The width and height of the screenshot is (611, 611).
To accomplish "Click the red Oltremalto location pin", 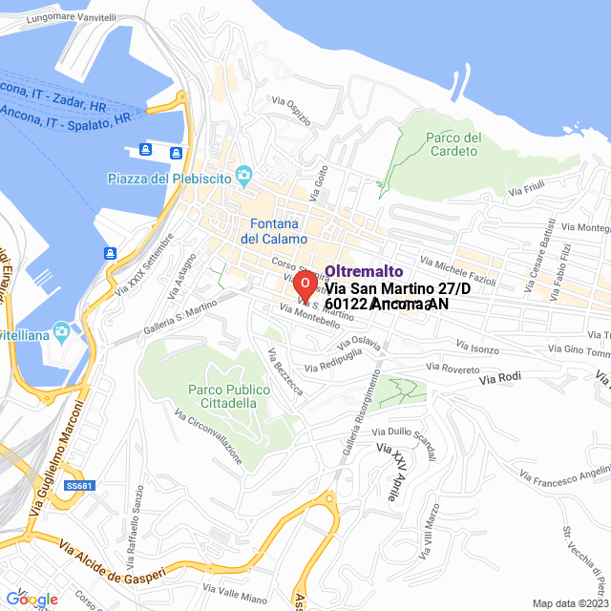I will [304, 284].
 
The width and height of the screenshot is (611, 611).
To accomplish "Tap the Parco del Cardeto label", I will [454, 144].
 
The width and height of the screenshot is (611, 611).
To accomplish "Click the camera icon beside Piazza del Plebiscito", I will [245, 174].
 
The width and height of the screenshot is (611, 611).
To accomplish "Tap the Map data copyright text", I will [569, 603].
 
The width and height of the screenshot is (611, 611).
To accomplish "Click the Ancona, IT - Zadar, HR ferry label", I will [53, 96].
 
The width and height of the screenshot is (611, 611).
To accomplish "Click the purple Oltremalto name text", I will [364, 271].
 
